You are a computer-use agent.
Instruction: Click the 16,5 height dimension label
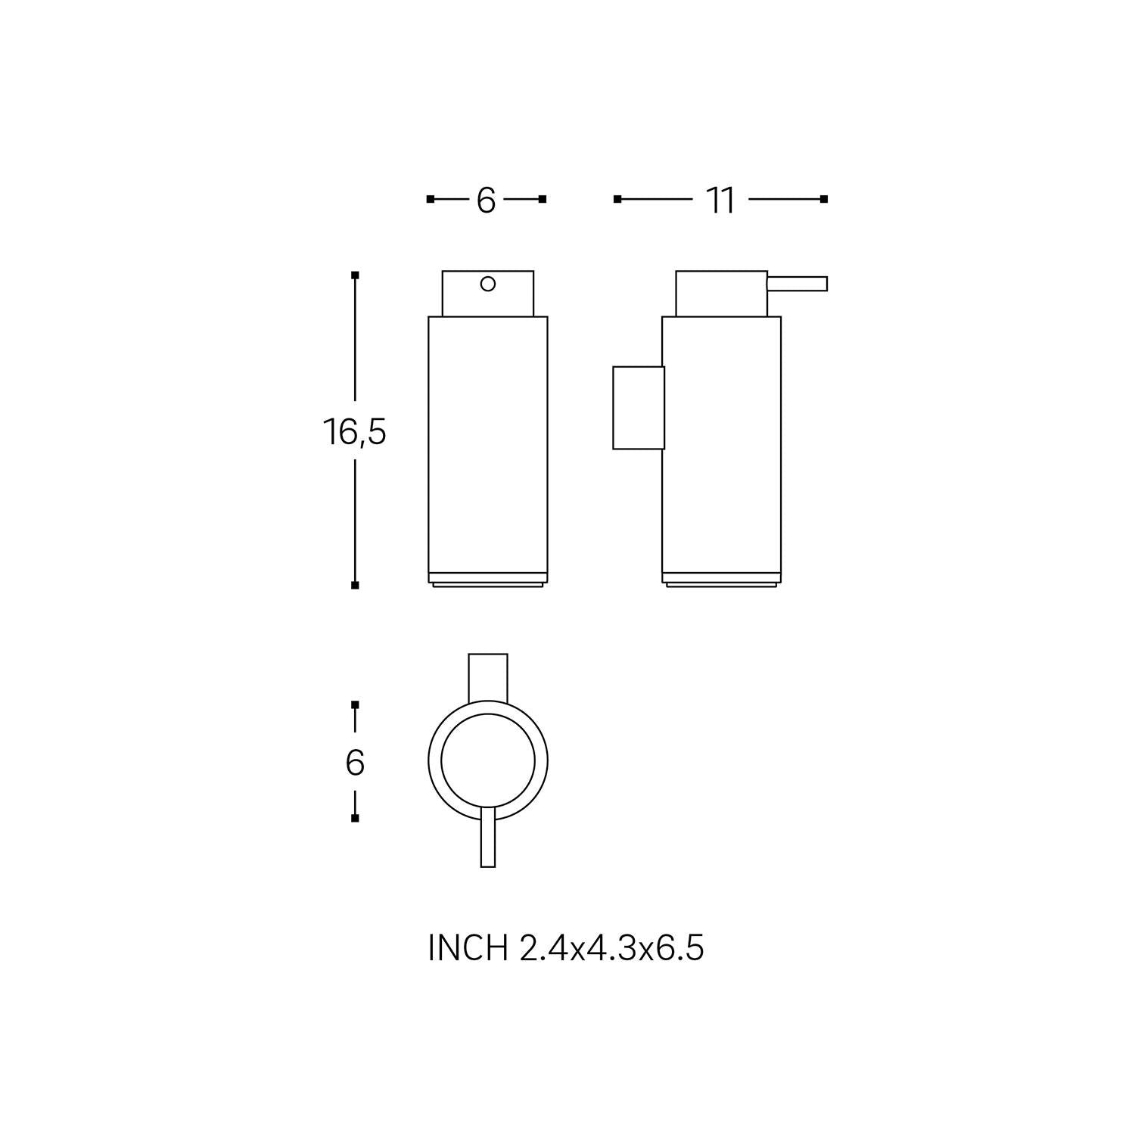pos(355,432)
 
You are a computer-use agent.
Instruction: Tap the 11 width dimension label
pos(720,201)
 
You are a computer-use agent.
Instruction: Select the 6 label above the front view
pos(486,201)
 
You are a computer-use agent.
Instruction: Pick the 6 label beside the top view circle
pos(355,763)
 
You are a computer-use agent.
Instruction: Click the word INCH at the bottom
pos(468,948)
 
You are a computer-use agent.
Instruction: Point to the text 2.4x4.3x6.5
pos(611,948)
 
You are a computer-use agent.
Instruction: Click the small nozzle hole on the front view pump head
pos(488,285)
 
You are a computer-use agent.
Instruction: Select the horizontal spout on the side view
pos(798,284)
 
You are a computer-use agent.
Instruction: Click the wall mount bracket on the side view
pos(638,408)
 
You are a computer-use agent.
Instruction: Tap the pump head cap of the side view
pos(721,294)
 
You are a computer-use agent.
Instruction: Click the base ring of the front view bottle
pos(488,579)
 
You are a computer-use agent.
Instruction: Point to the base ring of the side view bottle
pos(721,579)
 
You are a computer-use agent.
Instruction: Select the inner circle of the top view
pos(488,760)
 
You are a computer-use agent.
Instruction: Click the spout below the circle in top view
pos(488,840)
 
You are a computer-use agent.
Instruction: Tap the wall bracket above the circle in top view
pos(488,676)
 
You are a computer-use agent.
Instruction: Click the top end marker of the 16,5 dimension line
pos(355,275)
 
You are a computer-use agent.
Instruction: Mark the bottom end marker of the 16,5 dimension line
pos(355,585)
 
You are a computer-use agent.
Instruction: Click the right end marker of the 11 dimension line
pos(824,199)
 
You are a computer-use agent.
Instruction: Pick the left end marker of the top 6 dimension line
pos(430,199)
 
